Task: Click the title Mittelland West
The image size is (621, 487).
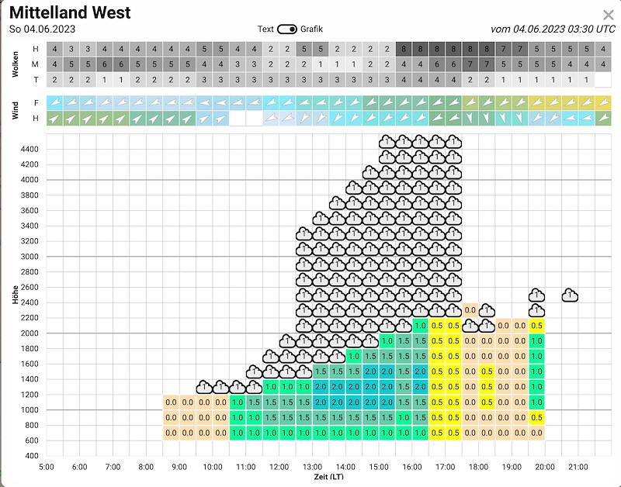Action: [70, 12]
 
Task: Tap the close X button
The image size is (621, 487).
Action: [609, 15]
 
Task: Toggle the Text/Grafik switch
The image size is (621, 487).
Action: [287, 29]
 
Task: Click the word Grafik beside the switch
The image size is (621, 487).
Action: [311, 29]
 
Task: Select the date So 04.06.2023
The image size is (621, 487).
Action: [42, 29]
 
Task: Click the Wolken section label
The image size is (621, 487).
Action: [15, 64]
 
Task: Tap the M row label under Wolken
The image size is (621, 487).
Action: [36, 64]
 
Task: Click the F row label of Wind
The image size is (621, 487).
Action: [36, 103]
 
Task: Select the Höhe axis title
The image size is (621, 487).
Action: [15, 295]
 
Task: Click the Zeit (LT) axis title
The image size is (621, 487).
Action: [328, 476]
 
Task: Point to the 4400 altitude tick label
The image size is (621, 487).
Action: [29, 149]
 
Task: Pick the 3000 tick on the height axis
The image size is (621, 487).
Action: [29, 257]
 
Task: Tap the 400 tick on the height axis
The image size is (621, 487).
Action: [32, 456]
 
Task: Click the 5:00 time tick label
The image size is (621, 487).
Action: [47, 467]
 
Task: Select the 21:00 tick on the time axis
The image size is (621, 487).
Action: [578, 467]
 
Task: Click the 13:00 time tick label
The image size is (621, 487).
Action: [312, 467]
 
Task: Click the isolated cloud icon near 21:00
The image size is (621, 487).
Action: [570, 295]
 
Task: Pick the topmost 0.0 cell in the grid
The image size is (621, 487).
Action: [470, 310]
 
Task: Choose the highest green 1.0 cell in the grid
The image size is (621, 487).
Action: [420, 326]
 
